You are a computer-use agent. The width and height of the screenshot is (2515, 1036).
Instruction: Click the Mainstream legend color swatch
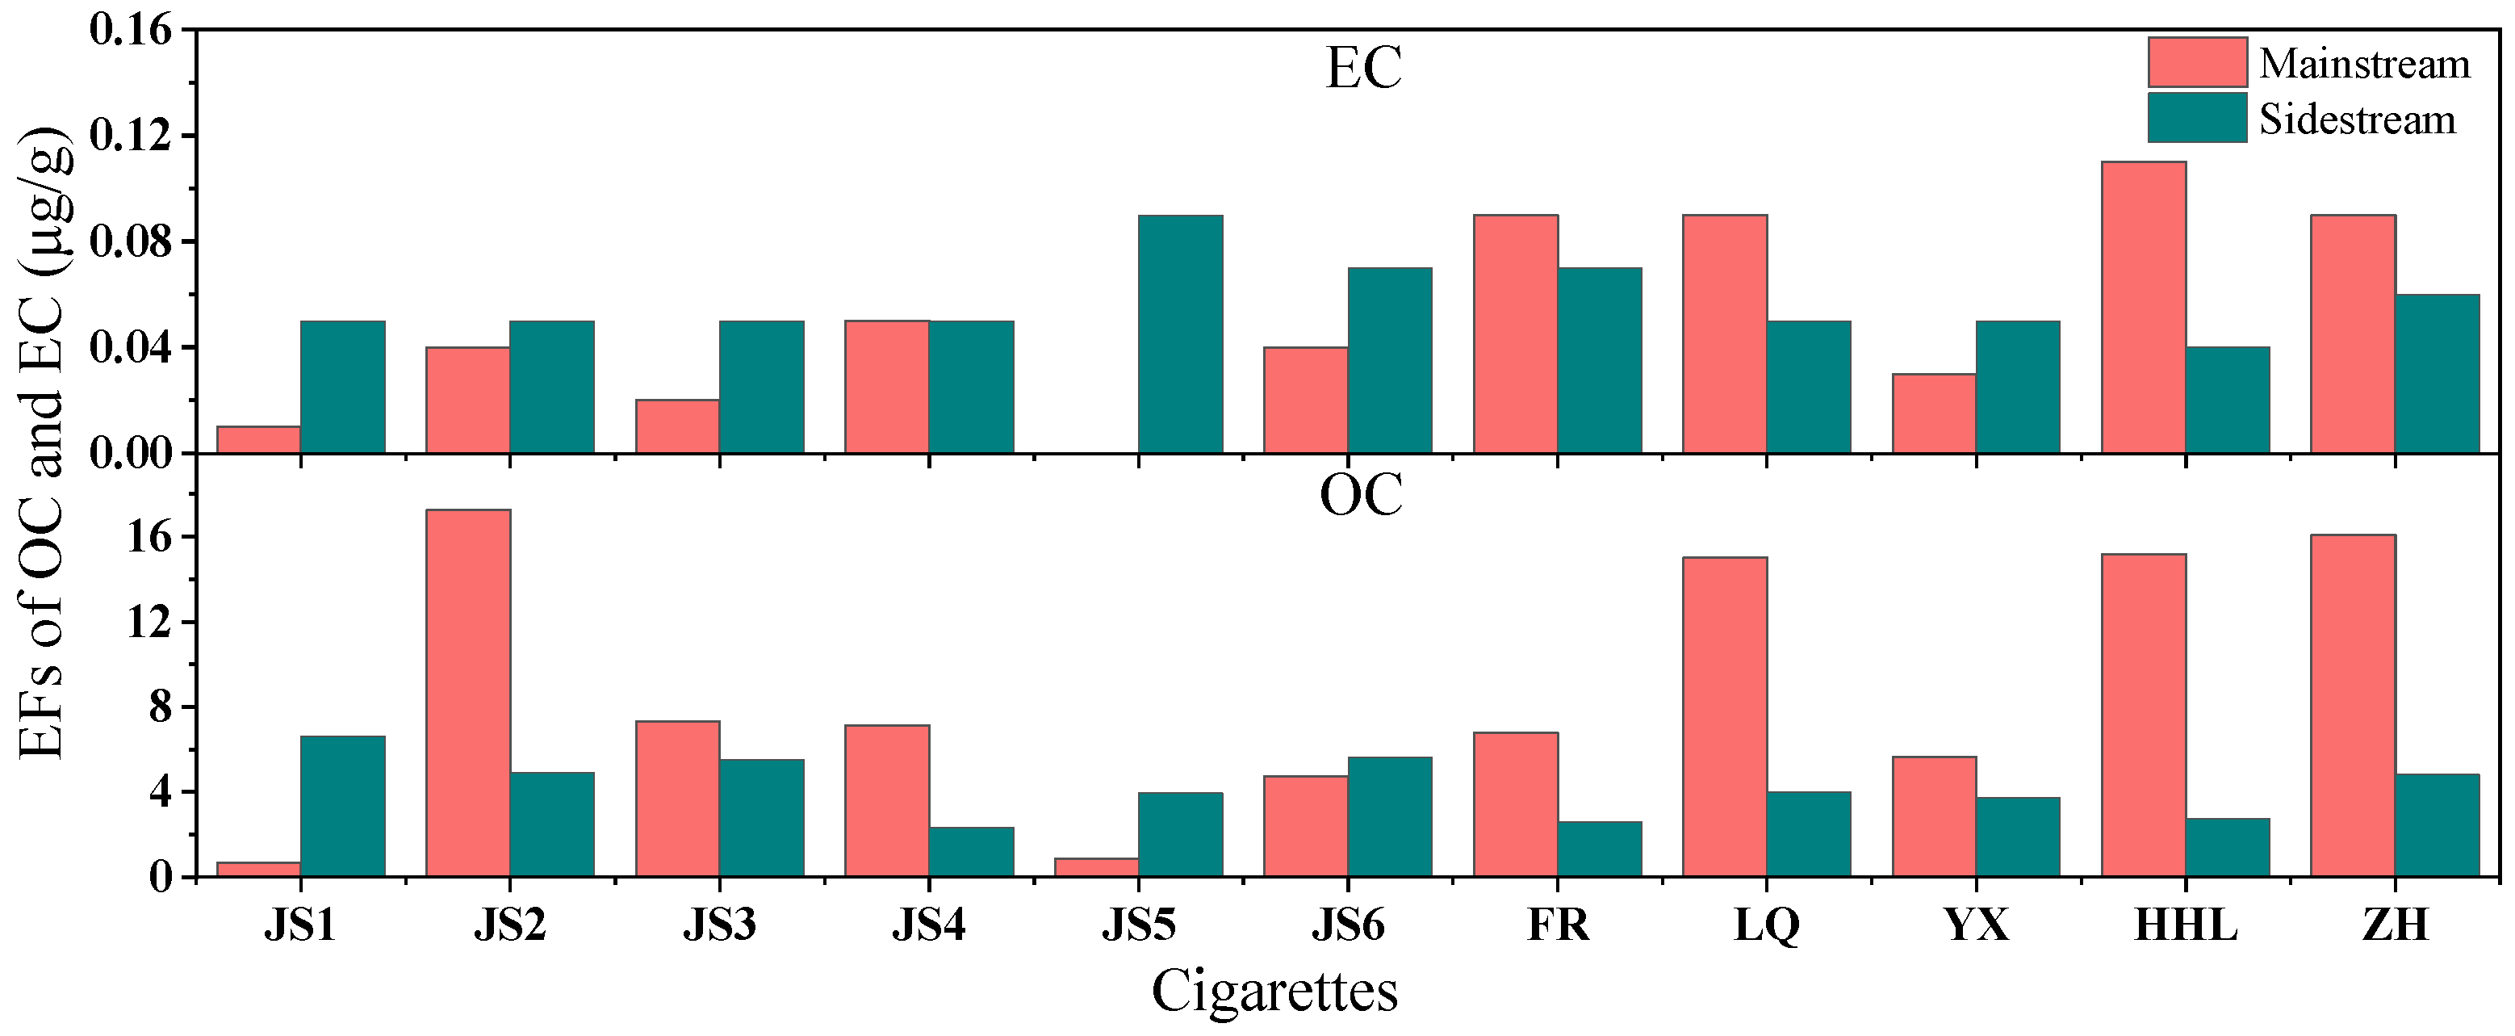pyautogui.click(x=2197, y=62)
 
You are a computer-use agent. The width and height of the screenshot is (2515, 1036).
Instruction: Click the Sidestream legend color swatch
pyautogui.click(x=2197, y=118)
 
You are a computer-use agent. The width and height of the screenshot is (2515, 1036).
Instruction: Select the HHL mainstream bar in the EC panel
pyautogui.click(x=2144, y=308)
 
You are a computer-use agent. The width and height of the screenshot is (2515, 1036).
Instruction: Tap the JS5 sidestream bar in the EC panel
pyautogui.click(x=1180, y=334)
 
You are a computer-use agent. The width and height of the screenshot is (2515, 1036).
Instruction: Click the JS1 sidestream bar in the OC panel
pyautogui.click(x=343, y=807)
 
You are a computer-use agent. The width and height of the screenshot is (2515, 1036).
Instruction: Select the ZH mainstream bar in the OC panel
pyautogui.click(x=2353, y=706)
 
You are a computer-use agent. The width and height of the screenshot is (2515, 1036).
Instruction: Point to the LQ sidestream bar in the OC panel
pyautogui.click(x=1808, y=834)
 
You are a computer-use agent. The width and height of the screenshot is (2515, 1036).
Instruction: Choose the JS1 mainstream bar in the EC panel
pyautogui.click(x=259, y=439)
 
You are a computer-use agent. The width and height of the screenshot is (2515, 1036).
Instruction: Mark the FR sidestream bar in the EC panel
pyautogui.click(x=1599, y=360)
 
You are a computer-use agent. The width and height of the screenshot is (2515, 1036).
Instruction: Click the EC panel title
pyautogui.click(x=1363, y=69)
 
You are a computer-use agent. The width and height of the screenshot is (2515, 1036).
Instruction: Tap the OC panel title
pyautogui.click(x=1361, y=495)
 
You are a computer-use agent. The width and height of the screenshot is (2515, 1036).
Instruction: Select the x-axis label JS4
pyautogui.click(x=928, y=925)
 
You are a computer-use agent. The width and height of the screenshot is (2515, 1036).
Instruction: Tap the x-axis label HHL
pyautogui.click(x=2185, y=925)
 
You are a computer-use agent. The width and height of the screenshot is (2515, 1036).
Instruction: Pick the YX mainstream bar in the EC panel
pyautogui.click(x=1934, y=413)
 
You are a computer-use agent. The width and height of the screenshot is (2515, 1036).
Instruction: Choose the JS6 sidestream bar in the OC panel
pyautogui.click(x=1389, y=816)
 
